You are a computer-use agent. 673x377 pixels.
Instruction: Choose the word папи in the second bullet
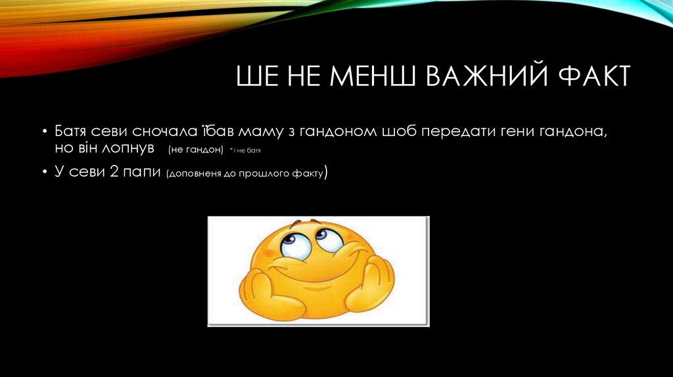tap(141, 173)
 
